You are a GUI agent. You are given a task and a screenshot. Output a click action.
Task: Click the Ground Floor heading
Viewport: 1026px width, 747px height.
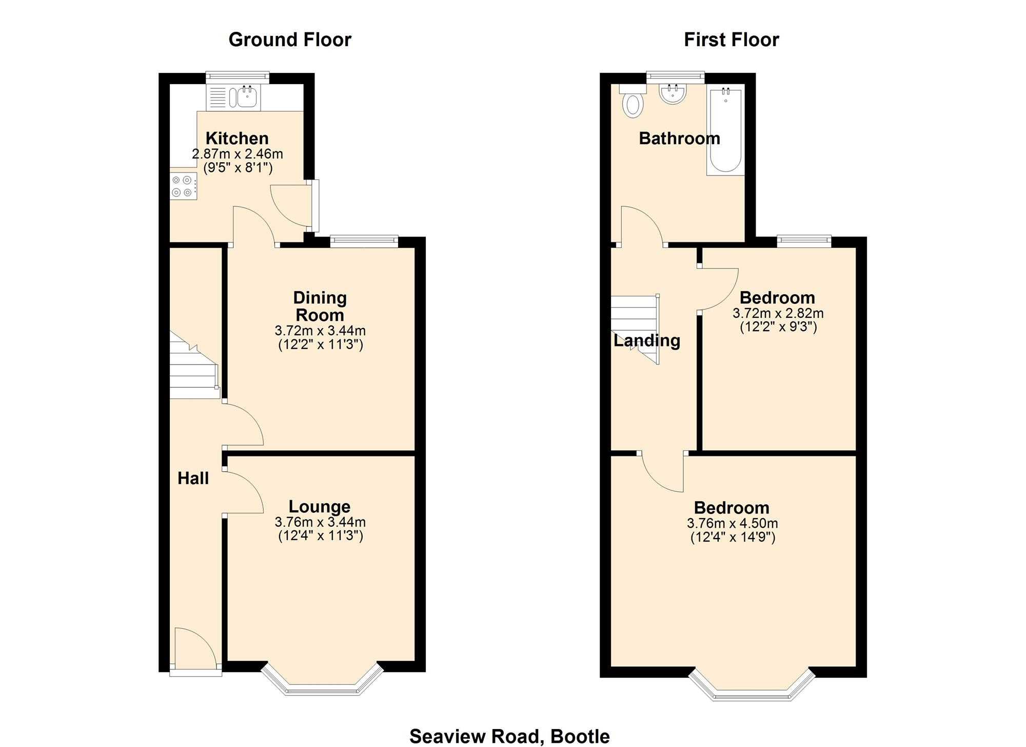(290, 40)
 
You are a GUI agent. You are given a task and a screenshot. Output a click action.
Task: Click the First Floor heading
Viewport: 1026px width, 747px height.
(731, 40)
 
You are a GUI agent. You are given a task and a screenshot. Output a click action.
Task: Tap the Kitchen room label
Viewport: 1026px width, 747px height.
(237, 138)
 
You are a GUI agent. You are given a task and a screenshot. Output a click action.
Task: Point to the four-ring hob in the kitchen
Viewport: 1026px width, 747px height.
(183, 186)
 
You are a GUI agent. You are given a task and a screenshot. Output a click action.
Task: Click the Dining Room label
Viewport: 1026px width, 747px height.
(320, 306)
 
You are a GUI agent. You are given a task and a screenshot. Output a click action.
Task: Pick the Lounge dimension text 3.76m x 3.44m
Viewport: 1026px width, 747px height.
(320, 522)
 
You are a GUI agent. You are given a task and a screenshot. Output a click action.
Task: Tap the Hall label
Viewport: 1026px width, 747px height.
(193, 478)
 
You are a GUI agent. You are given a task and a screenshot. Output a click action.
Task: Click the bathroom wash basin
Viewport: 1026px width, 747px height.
(673, 93)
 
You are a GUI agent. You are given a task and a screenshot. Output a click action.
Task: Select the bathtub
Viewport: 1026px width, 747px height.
(725, 131)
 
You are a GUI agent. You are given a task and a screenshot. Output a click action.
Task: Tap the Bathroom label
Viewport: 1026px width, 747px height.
(679, 139)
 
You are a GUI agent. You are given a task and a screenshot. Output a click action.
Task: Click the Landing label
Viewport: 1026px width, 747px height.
(647, 340)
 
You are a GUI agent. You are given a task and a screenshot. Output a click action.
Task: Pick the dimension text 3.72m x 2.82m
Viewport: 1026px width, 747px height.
(778, 313)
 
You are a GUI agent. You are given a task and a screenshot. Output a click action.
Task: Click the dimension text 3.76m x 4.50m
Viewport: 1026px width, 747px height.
(732, 524)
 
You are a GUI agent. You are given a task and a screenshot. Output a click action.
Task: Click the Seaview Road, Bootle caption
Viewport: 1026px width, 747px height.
(509, 736)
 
